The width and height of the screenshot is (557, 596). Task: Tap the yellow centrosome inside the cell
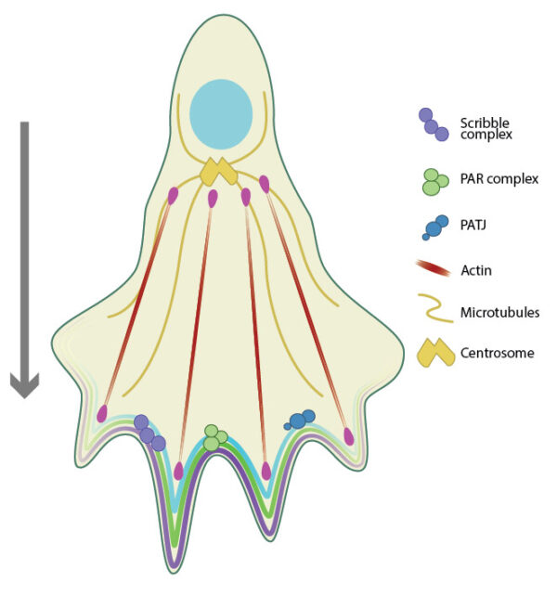coord(219,173)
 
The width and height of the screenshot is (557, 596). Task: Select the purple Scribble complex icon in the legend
coord(434,125)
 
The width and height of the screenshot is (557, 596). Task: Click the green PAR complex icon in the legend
coord(432,180)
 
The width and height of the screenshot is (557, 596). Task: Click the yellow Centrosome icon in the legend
coord(433,353)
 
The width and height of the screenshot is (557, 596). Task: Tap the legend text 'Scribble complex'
coord(486,128)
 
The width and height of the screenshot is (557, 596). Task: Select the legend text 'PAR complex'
coord(499,178)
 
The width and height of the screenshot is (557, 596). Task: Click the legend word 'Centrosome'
coord(497,354)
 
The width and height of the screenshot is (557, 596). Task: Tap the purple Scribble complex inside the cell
coord(149,434)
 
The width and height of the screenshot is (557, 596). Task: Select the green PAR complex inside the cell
coord(215,438)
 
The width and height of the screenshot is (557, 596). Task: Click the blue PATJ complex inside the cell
coord(301,420)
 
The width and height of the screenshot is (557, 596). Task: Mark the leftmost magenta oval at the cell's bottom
coord(102,413)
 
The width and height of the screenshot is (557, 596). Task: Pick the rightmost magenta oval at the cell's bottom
coord(349,436)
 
